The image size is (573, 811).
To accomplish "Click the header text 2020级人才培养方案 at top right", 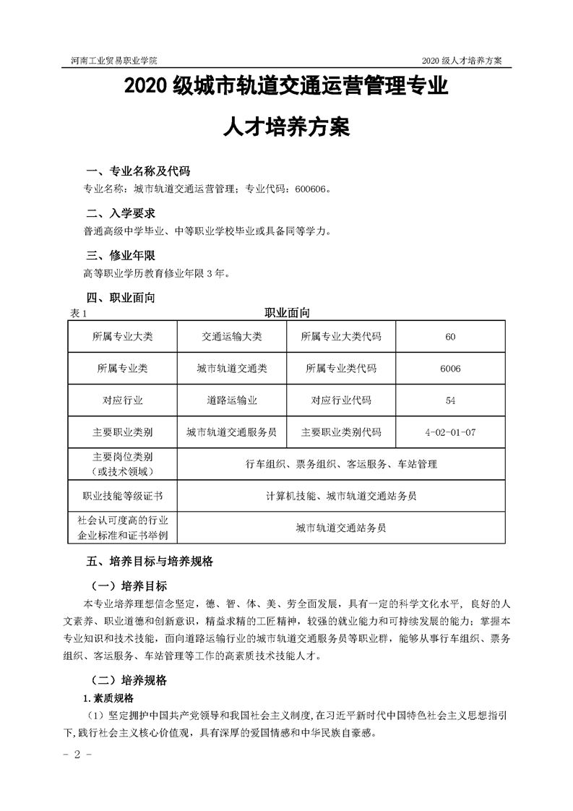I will click(x=462, y=60).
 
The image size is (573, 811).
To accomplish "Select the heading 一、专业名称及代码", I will click(x=138, y=171).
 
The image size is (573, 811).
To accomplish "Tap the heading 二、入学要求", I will click(x=121, y=214).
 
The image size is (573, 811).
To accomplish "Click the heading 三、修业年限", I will click(x=121, y=256).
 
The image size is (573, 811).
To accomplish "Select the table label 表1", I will click(x=79, y=314).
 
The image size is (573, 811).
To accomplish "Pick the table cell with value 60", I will click(x=451, y=337).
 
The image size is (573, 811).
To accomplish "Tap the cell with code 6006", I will click(x=450, y=368).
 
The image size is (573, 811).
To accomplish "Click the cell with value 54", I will click(x=451, y=400).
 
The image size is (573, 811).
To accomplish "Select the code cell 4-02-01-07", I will click(x=451, y=432).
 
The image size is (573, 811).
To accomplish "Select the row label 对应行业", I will click(x=123, y=400).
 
